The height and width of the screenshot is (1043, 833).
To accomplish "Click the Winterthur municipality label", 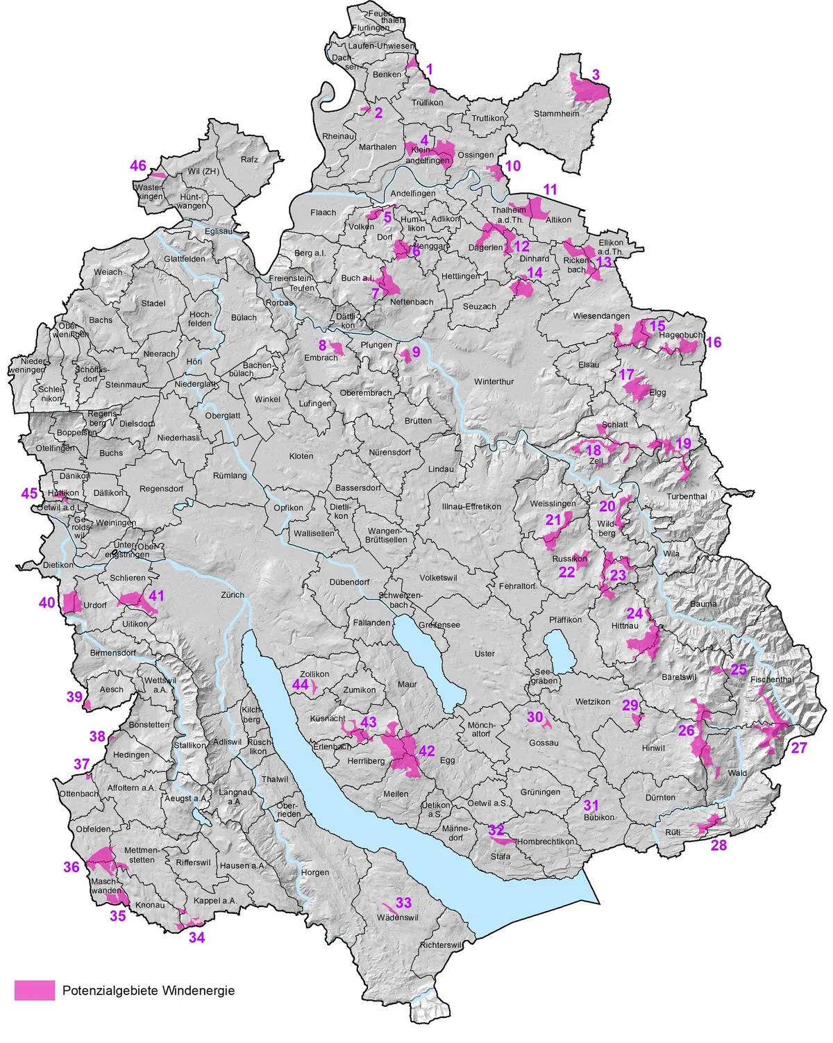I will (494, 381).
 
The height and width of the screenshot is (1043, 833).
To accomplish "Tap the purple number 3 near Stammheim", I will (596, 74).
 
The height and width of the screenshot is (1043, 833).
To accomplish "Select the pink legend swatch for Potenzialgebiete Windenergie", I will (35, 990).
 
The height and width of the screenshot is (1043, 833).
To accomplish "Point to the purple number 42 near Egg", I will (426, 751).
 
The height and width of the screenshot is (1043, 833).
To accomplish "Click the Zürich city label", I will (233, 594).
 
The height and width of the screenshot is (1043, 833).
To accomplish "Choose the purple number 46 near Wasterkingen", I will (138, 165).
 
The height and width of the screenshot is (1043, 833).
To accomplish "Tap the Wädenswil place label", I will (397, 917).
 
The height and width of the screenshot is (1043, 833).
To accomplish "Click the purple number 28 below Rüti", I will (718, 845).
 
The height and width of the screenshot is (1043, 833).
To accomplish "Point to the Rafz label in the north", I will (249, 159).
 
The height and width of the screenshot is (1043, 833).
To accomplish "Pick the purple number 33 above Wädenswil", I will (403, 902).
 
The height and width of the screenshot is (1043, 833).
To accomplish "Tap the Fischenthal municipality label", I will (771, 679).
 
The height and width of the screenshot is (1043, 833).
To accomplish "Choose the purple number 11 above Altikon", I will (550, 189).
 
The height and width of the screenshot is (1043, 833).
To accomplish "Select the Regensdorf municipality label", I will (161, 488).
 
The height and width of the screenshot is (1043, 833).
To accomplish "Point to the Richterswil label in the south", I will (440, 945).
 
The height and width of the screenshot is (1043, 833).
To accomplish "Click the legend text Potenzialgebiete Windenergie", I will (149, 990).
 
